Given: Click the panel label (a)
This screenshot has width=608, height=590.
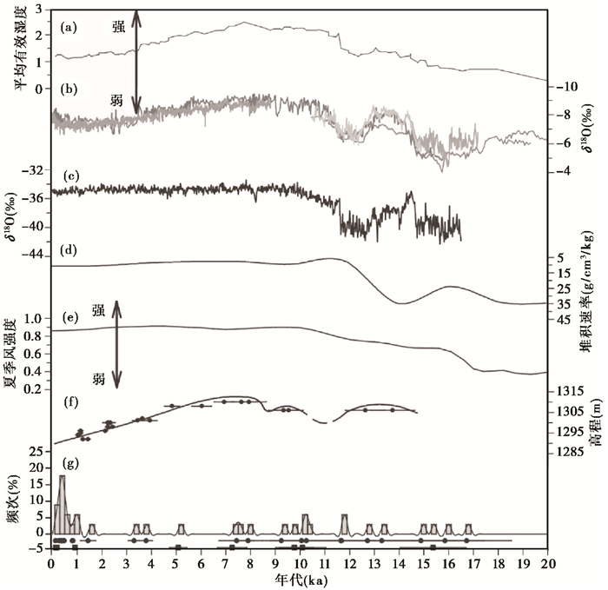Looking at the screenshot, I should click(x=70, y=27).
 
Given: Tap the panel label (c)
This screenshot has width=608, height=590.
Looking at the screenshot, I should click(x=70, y=176).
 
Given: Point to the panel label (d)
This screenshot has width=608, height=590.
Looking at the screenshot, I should click(x=70, y=251).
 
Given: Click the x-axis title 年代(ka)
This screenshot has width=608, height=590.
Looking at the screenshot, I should click(x=299, y=580).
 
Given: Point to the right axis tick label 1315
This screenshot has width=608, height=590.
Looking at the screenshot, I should click(x=568, y=392).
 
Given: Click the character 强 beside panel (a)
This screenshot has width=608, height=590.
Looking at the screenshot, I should click(x=118, y=27).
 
